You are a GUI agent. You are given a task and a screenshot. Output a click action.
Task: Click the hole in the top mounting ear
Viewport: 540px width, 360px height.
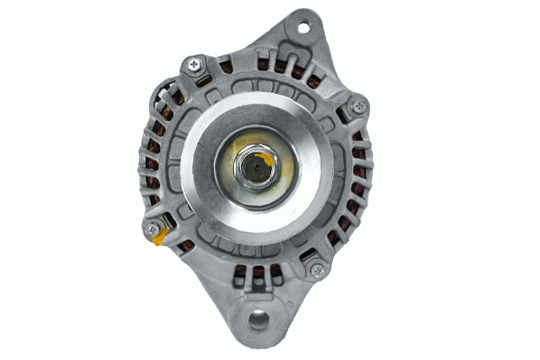click(x=303, y=26)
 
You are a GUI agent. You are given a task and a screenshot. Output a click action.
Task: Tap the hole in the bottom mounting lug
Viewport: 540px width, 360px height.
click(x=259, y=318)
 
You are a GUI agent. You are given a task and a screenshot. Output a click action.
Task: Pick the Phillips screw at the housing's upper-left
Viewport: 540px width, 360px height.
click(x=192, y=64)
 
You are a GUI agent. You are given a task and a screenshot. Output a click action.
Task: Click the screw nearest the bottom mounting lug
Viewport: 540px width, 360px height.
click(x=316, y=268)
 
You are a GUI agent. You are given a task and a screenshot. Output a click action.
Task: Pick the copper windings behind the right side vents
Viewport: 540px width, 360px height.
click(x=359, y=171)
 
